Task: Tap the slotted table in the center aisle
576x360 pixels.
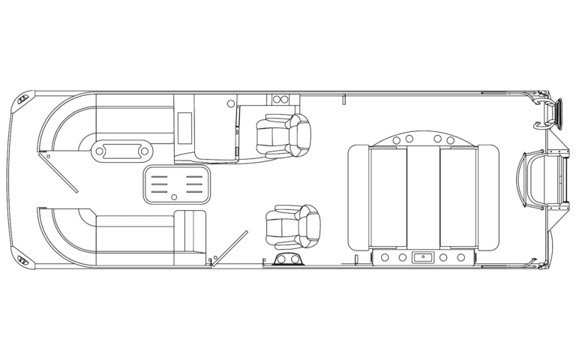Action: click(x=175, y=184)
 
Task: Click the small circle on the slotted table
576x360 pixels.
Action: click(x=174, y=197)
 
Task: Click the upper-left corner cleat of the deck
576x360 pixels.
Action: click(x=25, y=98)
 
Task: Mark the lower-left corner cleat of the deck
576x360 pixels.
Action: click(x=25, y=260)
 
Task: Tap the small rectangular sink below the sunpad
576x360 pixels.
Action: click(x=423, y=257)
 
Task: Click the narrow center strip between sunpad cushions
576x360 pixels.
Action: click(x=423, y=196)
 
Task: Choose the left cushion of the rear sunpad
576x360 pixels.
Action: click(x=388, y=196)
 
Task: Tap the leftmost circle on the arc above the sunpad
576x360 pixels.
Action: click(x=396, y=139)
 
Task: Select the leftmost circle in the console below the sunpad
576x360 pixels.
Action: click(x=384, y=257)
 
